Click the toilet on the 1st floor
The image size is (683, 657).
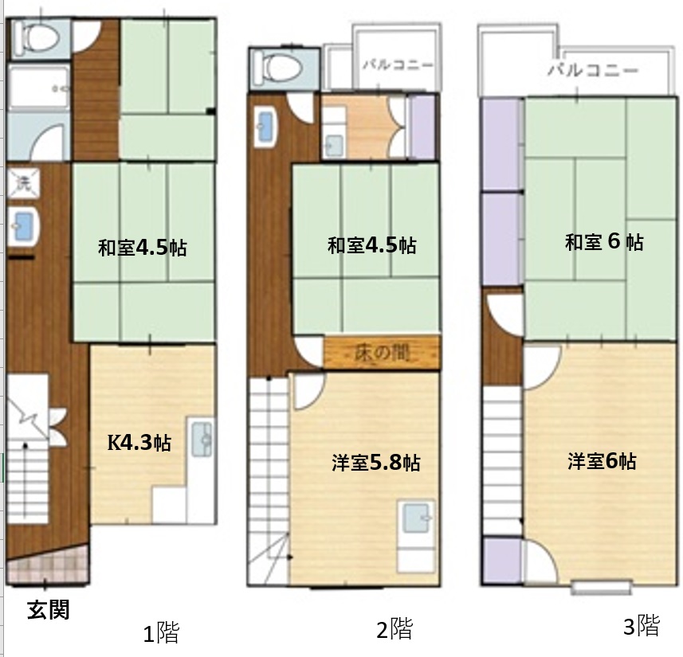tap(36, 37)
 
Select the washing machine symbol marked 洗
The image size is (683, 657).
tap(24, 183)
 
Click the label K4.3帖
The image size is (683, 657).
tap(139, 443)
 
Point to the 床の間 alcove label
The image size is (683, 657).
tap(382, 353)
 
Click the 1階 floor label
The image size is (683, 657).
tap(161, 632)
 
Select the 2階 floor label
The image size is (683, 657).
tap(394, 628)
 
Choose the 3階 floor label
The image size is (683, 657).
tap(642, 626)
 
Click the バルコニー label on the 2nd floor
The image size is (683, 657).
tap(398, 65)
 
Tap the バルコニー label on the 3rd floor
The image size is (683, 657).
tap(593, 69)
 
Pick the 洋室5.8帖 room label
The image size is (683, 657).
tap(376, 463)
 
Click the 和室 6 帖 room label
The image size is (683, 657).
tap(604, 241)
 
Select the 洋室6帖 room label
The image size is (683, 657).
tap(602, 462)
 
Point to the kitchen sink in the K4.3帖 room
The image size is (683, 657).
tap(202, 439)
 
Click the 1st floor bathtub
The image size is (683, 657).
tap(39, 87)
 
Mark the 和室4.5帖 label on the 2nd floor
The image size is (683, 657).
tap(371, 245)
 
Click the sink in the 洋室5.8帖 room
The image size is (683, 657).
tap(415, 518)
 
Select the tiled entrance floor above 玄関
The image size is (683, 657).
tap(48, 567)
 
